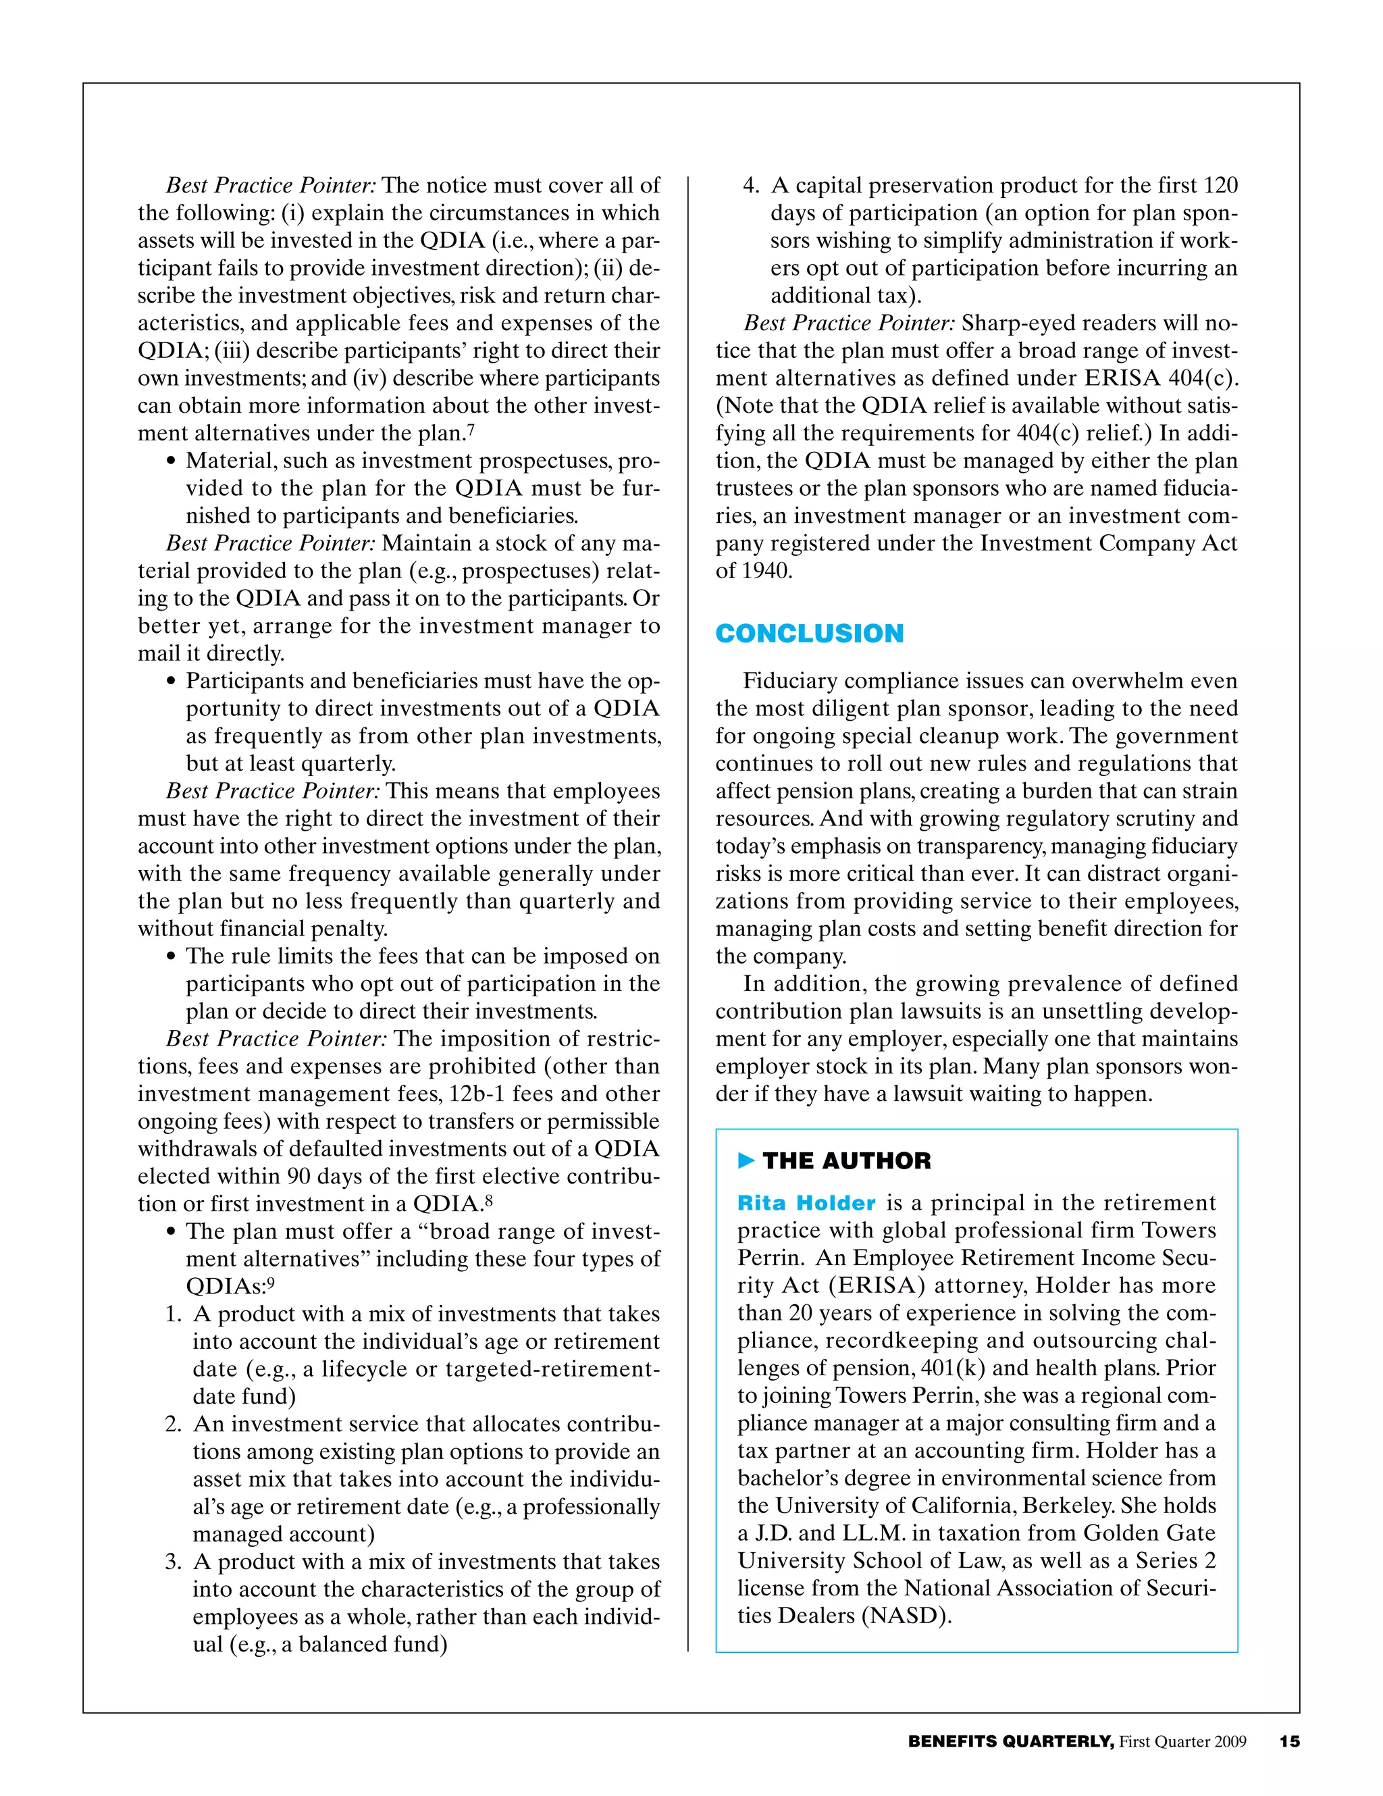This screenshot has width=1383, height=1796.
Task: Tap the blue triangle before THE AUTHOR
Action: (x=746, y=1160)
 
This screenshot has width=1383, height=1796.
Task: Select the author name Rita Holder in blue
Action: (x=806, y=1203)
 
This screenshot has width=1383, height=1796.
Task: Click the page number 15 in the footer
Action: (x=1289, y=1741)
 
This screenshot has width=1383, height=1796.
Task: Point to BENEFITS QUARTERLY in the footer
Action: (x=1010, y=1741)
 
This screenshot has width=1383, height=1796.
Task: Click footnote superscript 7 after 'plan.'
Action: (x=471, y=430)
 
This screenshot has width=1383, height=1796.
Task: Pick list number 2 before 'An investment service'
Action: (x=173, y=1425)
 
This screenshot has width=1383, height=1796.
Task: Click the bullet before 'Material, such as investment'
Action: (x=171, y=461)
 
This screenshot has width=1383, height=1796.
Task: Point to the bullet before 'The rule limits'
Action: (x=171, y=956)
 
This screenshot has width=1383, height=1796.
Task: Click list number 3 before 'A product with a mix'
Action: (x=173, y=1562)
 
